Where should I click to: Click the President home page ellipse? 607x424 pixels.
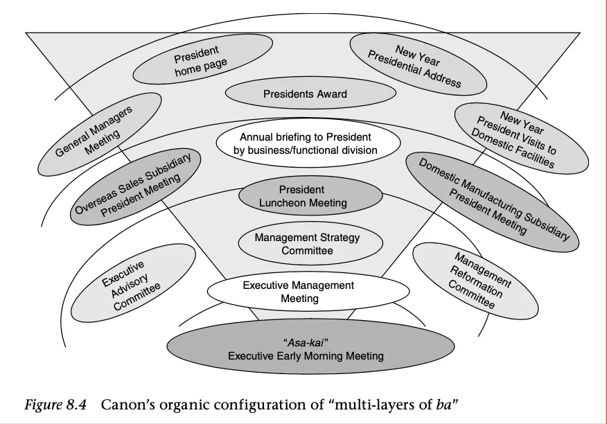coord(201,62)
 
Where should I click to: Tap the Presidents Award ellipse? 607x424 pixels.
coord(305,94)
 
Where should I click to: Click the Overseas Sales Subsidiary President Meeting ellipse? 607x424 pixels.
coord(137,188)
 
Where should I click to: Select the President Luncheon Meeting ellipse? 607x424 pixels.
coord(311,196)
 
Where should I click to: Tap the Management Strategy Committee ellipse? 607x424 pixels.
coord(308,243)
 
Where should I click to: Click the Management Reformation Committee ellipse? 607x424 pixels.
coord(475,280)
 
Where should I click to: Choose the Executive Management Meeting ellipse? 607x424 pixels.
coord(299,292)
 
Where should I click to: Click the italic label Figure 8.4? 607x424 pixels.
coord(55,405)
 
